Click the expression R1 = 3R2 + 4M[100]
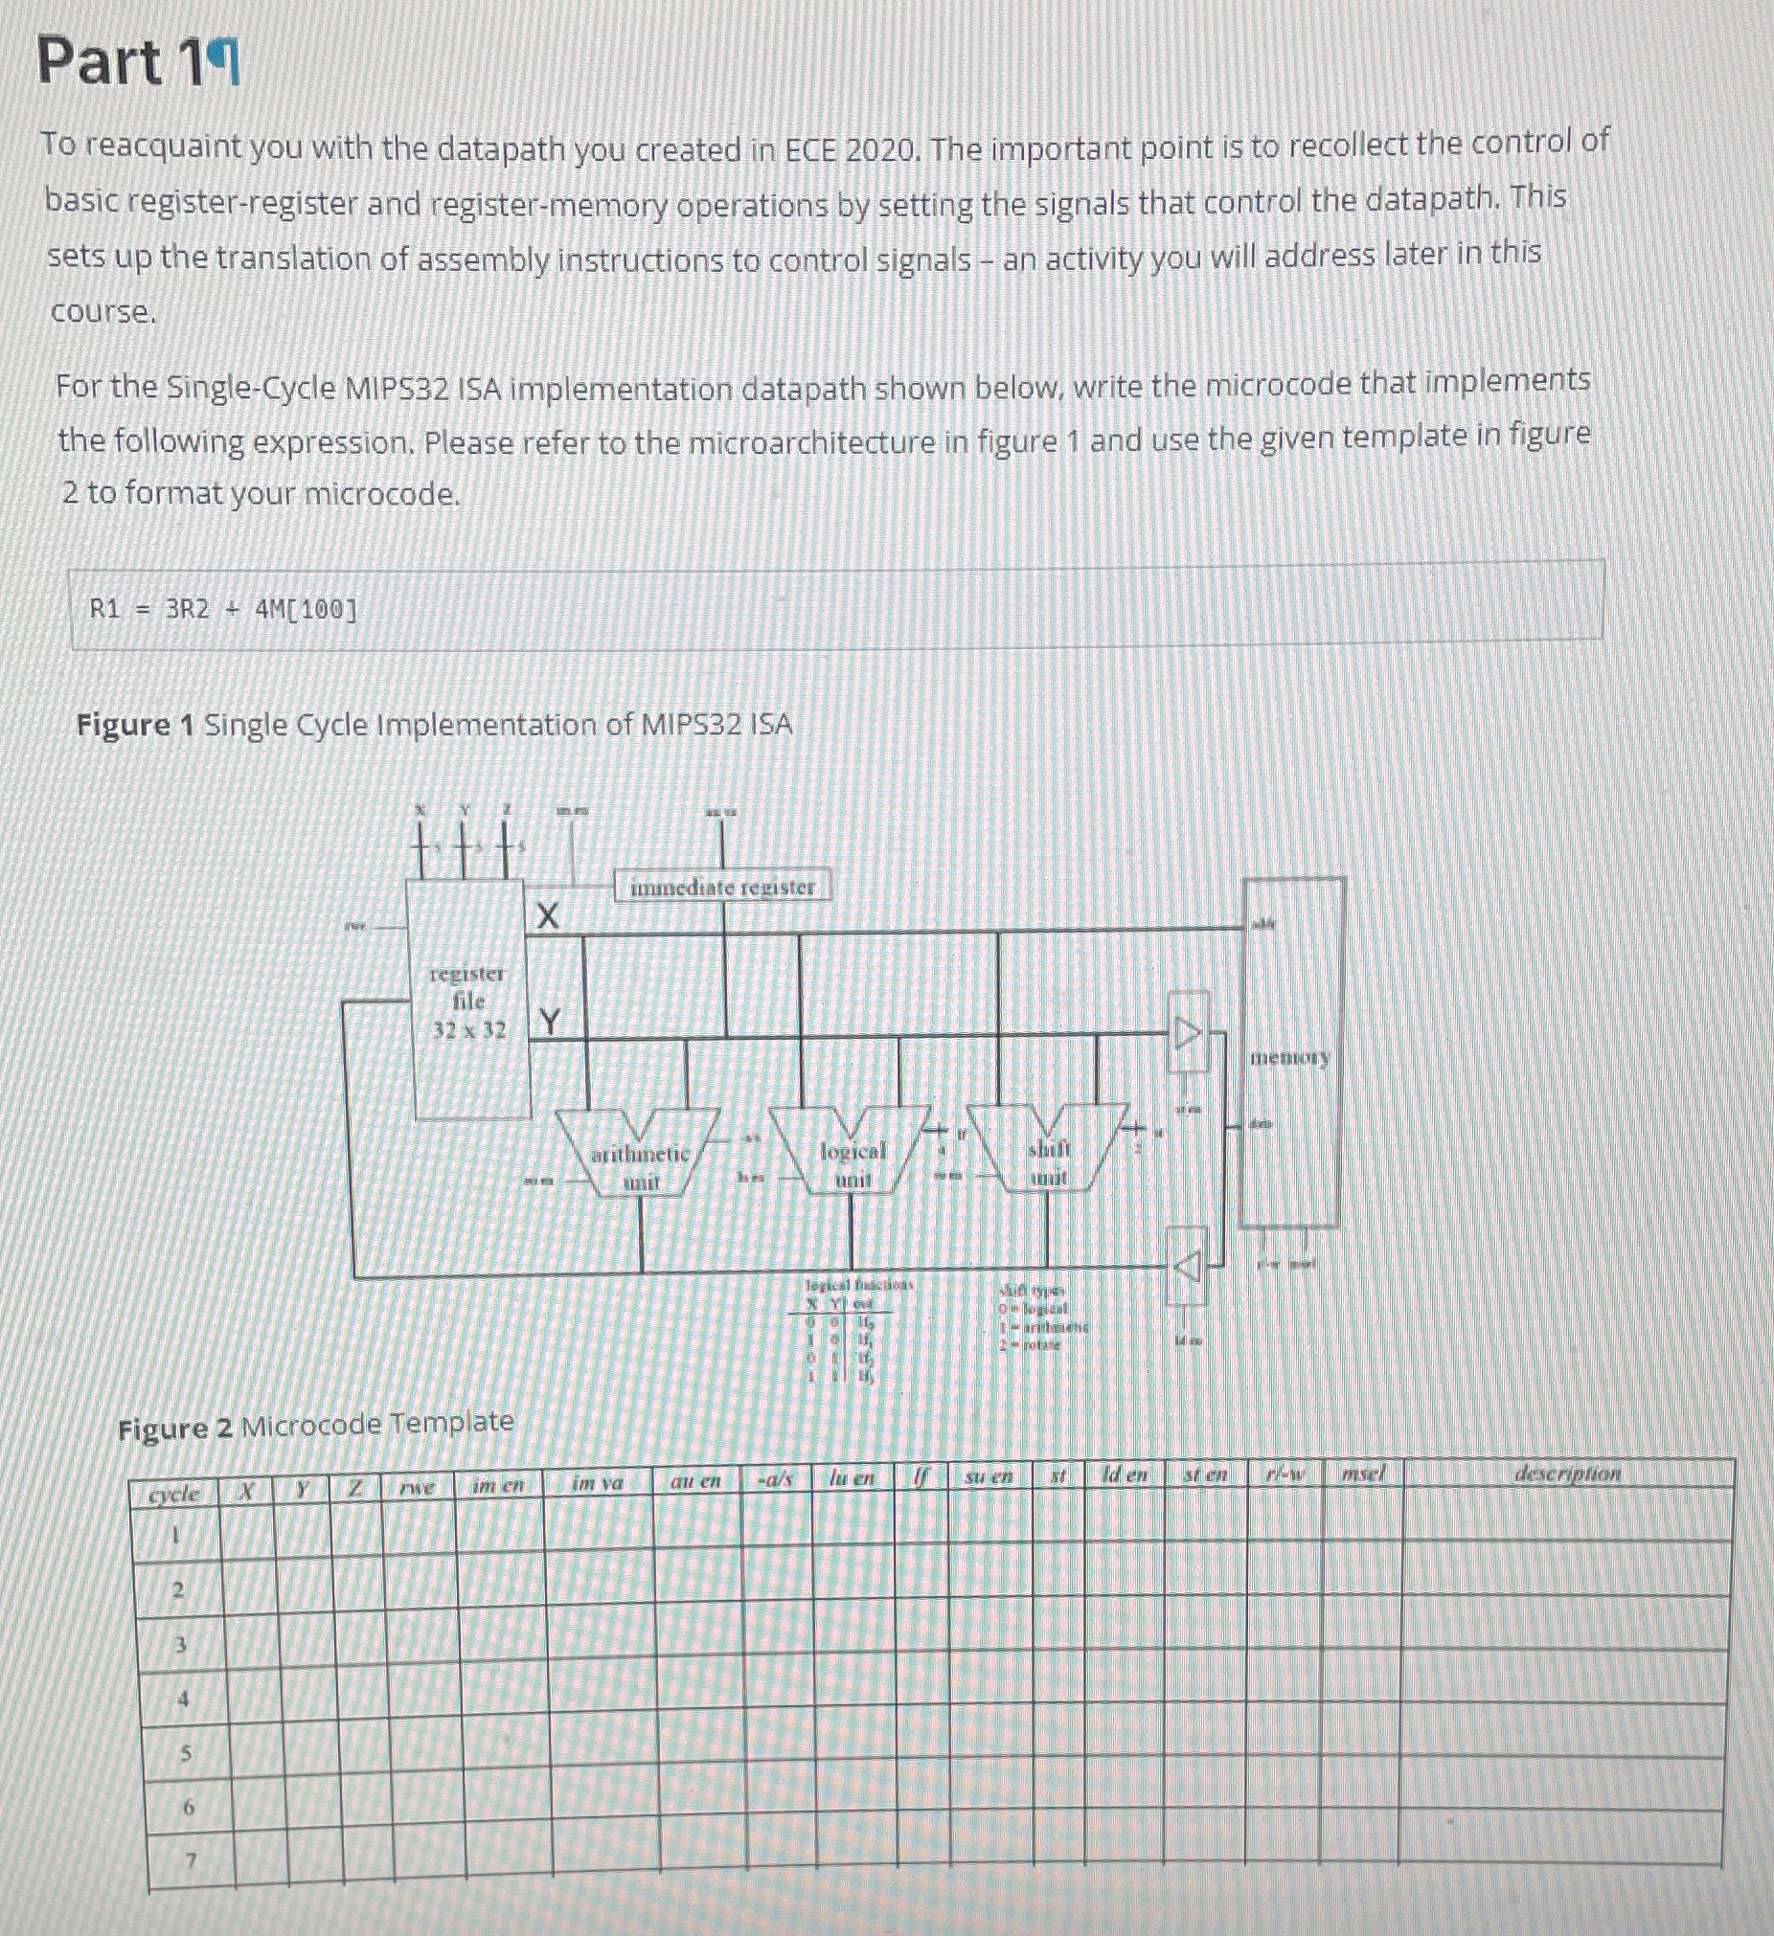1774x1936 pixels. tap(222, 609)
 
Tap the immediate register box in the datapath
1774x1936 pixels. tap(721, 887)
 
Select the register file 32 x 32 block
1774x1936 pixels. tap(468, 1001)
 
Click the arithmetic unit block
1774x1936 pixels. tap(641, 1166)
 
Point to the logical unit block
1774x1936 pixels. tap(852, 1163)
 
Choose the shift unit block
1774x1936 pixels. tap(1048, 1162)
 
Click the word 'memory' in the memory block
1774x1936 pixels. tap(1290, 1057)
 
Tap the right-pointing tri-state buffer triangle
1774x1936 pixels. tap(1188, 1033)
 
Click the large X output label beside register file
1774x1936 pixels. tap(547, 916)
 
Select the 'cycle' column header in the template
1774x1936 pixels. tap(174, 1494)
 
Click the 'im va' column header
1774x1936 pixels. tap(597, 1483)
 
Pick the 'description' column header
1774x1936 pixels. tap(1566, 1474)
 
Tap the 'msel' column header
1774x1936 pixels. tap(1362, 1474)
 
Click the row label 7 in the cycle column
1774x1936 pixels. tap(191, 1860)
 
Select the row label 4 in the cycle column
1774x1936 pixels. tap(184, 1698)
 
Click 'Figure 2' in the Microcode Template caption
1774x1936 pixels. tap(173, 1429)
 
